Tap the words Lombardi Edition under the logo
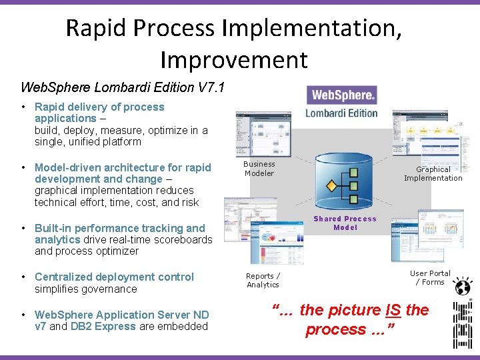point(342,113)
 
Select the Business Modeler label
point(259,169)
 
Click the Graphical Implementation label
point(433,173)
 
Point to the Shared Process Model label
point(345,223)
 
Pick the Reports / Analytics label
point(263,280)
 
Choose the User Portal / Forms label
point(430,277)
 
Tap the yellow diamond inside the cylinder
point(331,184)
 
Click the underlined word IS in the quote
point(393,310)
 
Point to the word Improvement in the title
point(233,59)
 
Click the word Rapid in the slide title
point(97,28)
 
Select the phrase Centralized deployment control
point(114,277)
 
